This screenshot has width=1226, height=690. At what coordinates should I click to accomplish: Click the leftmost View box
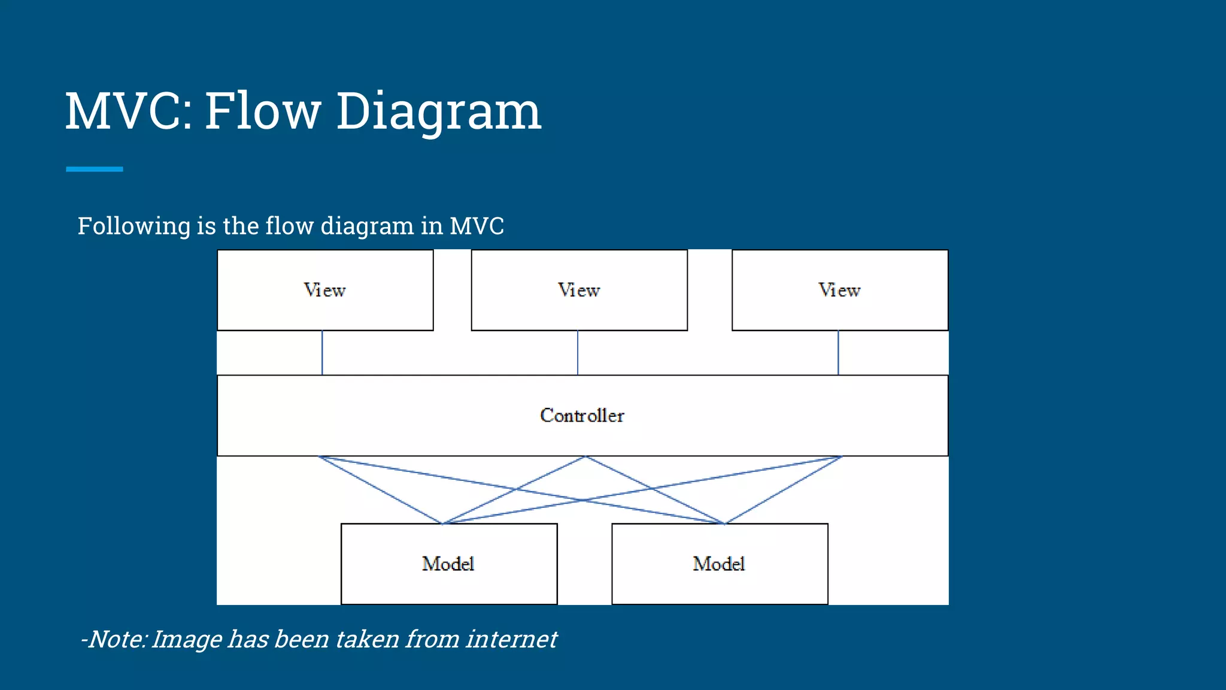tap(325, 290)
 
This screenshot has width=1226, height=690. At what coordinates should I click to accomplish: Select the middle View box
tap(579, 290)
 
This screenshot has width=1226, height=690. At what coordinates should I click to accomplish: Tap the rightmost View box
tap(839, 290)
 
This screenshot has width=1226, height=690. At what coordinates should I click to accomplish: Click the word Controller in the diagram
tap(582, 415)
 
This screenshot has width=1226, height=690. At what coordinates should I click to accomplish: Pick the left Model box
tap(448, 564)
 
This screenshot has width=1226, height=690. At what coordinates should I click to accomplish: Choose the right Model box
tap(719, 564)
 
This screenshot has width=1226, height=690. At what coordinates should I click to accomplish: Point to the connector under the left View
tap(322, 353)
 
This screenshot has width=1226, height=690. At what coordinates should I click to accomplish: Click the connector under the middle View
tap(578, 353)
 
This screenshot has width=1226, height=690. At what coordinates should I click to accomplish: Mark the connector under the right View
tap(838, 353)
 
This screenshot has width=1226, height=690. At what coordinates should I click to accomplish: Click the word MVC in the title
tap(127, 111)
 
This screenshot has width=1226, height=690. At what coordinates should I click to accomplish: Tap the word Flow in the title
tap(263, 111)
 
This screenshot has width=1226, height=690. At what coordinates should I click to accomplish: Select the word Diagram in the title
tap(438, 112)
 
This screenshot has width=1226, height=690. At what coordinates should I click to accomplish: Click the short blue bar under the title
tap(95, 170)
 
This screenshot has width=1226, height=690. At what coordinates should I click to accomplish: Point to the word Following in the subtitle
tap(134, 226)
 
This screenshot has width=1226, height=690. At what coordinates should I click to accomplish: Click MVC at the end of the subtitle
tap(477, 226)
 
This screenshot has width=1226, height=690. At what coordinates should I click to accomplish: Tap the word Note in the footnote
tap(116, 639)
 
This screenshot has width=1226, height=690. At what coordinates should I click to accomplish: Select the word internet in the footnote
tap(511, 639)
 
